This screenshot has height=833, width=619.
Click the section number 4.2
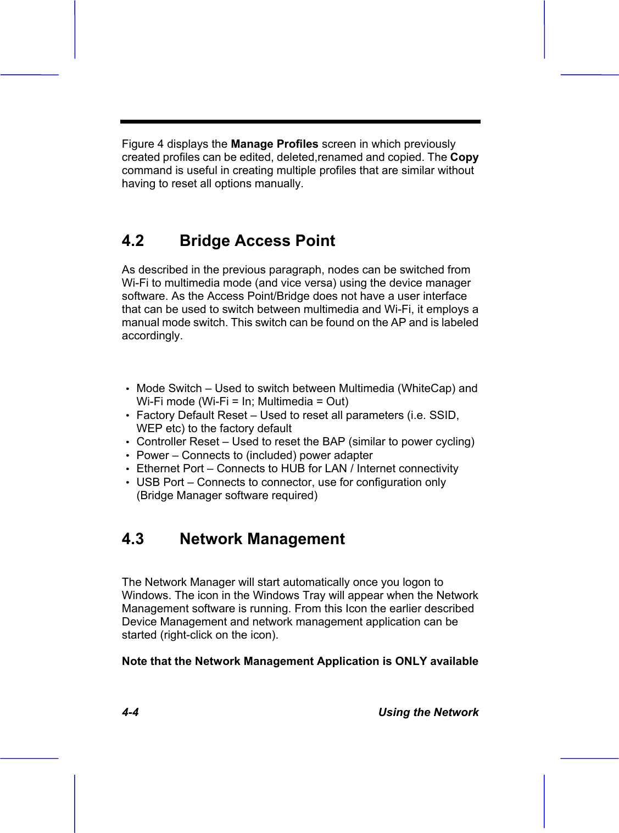click(132, 241)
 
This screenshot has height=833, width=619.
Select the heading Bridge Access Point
click(257, 241)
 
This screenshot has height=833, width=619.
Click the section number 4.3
click(132, 539)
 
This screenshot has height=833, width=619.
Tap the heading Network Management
click(262, 539)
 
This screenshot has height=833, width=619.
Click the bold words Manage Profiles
click(274, 144)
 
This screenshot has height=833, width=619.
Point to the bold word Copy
click(464, 158)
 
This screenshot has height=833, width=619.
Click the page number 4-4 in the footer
click(130, 713)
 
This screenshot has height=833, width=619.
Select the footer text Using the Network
click(428, 713)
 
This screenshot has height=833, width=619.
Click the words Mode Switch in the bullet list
click(169, 389)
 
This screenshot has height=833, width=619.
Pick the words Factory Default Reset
click(192, 416)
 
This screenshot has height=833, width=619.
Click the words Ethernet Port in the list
click(170, 469)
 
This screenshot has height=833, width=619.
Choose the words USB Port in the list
click(160, 483)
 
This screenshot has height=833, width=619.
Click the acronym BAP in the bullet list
click(334, 442)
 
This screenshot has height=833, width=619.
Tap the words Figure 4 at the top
click(142, 144)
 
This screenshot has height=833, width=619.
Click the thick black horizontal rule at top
click(300, 121)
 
